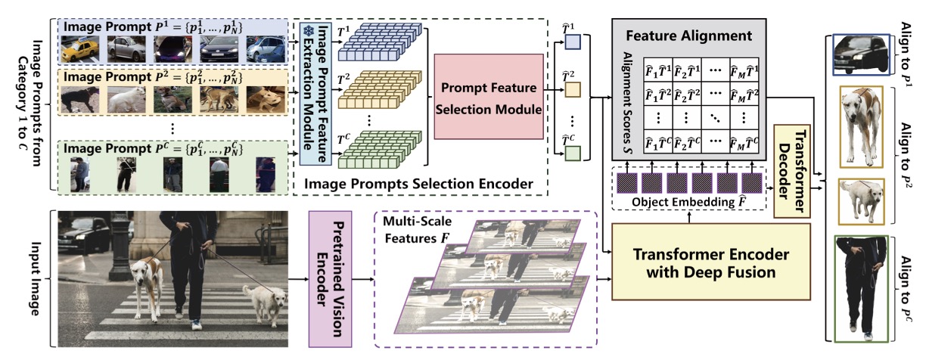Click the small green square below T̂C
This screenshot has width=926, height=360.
click(573, 154)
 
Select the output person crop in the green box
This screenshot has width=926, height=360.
click(862, 288)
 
